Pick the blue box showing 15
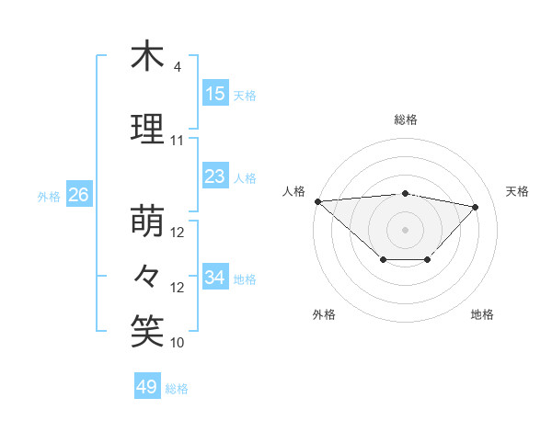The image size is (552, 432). pos(215,94)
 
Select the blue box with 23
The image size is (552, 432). pos(215,176)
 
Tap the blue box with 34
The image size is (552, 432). pos(215,278)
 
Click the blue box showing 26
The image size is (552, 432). pos(78,195)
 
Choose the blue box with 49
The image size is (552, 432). pos(147,387)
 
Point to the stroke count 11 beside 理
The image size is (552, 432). pos(178,141)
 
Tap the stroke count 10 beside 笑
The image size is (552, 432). pos(178,343)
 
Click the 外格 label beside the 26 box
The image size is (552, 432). pos(49,196)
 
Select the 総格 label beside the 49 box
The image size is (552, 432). pos(177,389)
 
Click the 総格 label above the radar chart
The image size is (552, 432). pos(406,119)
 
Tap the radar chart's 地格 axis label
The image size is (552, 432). pos(482,315)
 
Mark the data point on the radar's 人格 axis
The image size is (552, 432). pos(317,200)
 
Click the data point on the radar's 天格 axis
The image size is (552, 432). pos(476,207)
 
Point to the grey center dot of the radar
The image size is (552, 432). pos(406,229)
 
